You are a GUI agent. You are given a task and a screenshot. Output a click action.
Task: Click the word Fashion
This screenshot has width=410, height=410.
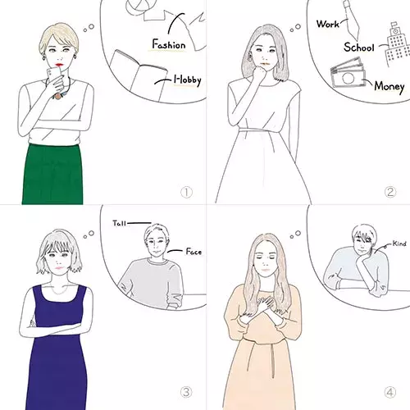click(169, 44)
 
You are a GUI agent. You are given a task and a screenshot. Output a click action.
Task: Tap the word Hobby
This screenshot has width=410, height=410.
click(188, 80)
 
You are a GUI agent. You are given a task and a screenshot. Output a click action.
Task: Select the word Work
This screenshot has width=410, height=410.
click(328, 24)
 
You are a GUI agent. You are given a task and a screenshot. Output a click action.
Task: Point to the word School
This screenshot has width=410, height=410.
click(359, 48)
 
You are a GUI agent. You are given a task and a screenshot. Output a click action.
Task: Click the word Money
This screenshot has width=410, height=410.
click(389, 87)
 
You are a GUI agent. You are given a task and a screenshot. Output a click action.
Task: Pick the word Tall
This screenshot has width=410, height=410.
click(120, 223)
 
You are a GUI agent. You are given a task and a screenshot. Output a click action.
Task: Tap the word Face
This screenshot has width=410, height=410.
click(194, 252)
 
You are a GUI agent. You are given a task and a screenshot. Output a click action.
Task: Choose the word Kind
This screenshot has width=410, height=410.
click(399, 244)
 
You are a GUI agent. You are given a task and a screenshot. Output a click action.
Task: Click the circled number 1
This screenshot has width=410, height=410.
click(186, 192)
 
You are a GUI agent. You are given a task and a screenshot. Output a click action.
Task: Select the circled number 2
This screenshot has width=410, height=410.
click(390, 192)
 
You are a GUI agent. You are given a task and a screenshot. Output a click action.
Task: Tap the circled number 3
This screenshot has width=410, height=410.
click(186, 392)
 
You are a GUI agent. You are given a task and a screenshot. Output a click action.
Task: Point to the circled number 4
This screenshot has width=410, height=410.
click(390, 393)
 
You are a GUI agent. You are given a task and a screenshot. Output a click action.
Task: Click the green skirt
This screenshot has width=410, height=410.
click(52, 174)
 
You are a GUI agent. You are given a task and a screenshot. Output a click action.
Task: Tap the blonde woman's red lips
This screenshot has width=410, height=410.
click(59, 65)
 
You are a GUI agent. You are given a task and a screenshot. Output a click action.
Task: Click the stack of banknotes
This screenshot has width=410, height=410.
click(348, 73)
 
